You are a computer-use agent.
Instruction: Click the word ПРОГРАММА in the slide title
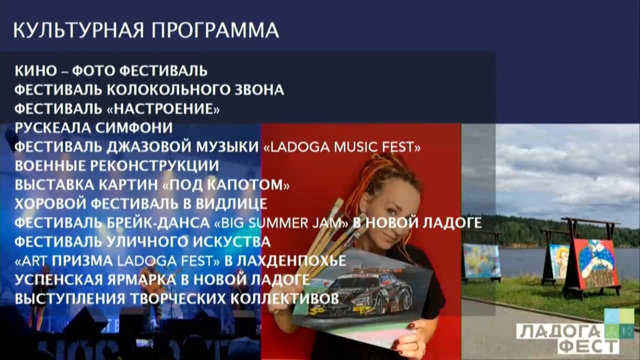click(215, 30)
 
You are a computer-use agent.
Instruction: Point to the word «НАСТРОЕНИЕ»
click(163, 109)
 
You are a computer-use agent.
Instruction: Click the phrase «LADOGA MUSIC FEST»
click(341, 147)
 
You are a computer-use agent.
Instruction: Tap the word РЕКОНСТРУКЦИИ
click(158, 165)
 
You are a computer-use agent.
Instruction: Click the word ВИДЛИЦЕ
click(231, 203)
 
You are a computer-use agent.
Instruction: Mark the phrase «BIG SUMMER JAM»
click(281, 223)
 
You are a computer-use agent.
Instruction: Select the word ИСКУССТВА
click(231, 241)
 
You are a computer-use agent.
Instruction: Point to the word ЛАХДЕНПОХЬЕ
click(291, 261)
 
